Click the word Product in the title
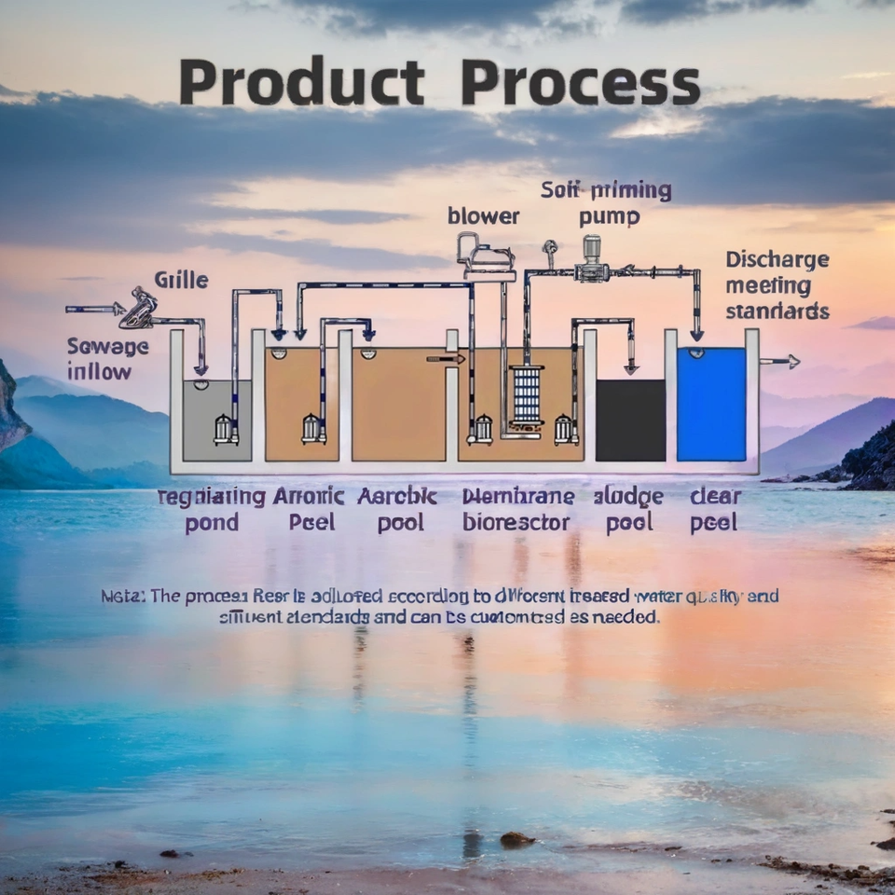(301, 84)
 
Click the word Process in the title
(580, 84)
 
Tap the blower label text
(483, 216)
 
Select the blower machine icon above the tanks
(486, 255)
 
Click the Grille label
(181, 280)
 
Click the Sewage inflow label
(107, 359)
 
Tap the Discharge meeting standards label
(777, 284)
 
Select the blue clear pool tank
(711, 404)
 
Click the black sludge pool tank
(630, 420)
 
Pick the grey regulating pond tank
(216, 420)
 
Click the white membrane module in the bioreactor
(527, 396)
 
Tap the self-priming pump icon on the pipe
(590, 261)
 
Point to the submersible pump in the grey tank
(223, 429)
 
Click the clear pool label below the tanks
(714, 509)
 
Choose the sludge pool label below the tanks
(627, 509)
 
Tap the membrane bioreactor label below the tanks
(516, 509)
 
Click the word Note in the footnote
(122, 596)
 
